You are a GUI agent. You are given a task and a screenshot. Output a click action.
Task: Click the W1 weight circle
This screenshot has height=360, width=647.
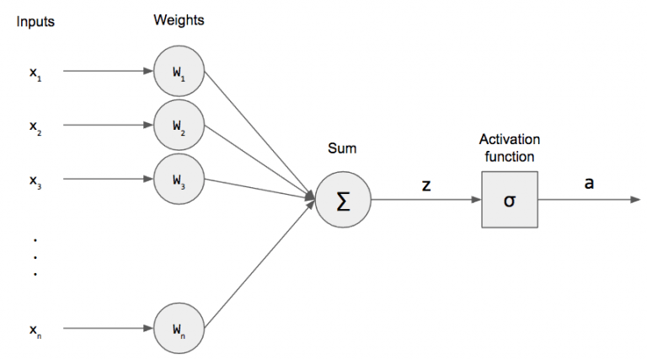179,71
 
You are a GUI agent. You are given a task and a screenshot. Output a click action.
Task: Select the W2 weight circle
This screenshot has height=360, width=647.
179,125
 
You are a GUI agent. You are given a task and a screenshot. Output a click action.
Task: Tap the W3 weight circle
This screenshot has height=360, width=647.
179,179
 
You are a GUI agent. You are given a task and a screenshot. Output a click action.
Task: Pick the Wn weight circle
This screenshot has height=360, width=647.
179,328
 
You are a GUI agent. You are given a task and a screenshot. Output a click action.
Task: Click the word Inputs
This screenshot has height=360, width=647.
35,22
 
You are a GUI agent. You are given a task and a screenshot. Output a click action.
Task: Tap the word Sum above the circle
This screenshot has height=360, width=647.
342,149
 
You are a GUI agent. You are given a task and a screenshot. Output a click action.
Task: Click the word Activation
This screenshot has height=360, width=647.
509,139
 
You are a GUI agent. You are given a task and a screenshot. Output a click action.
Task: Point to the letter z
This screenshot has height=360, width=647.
426,185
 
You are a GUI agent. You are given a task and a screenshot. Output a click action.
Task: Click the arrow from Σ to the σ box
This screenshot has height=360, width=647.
425,201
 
